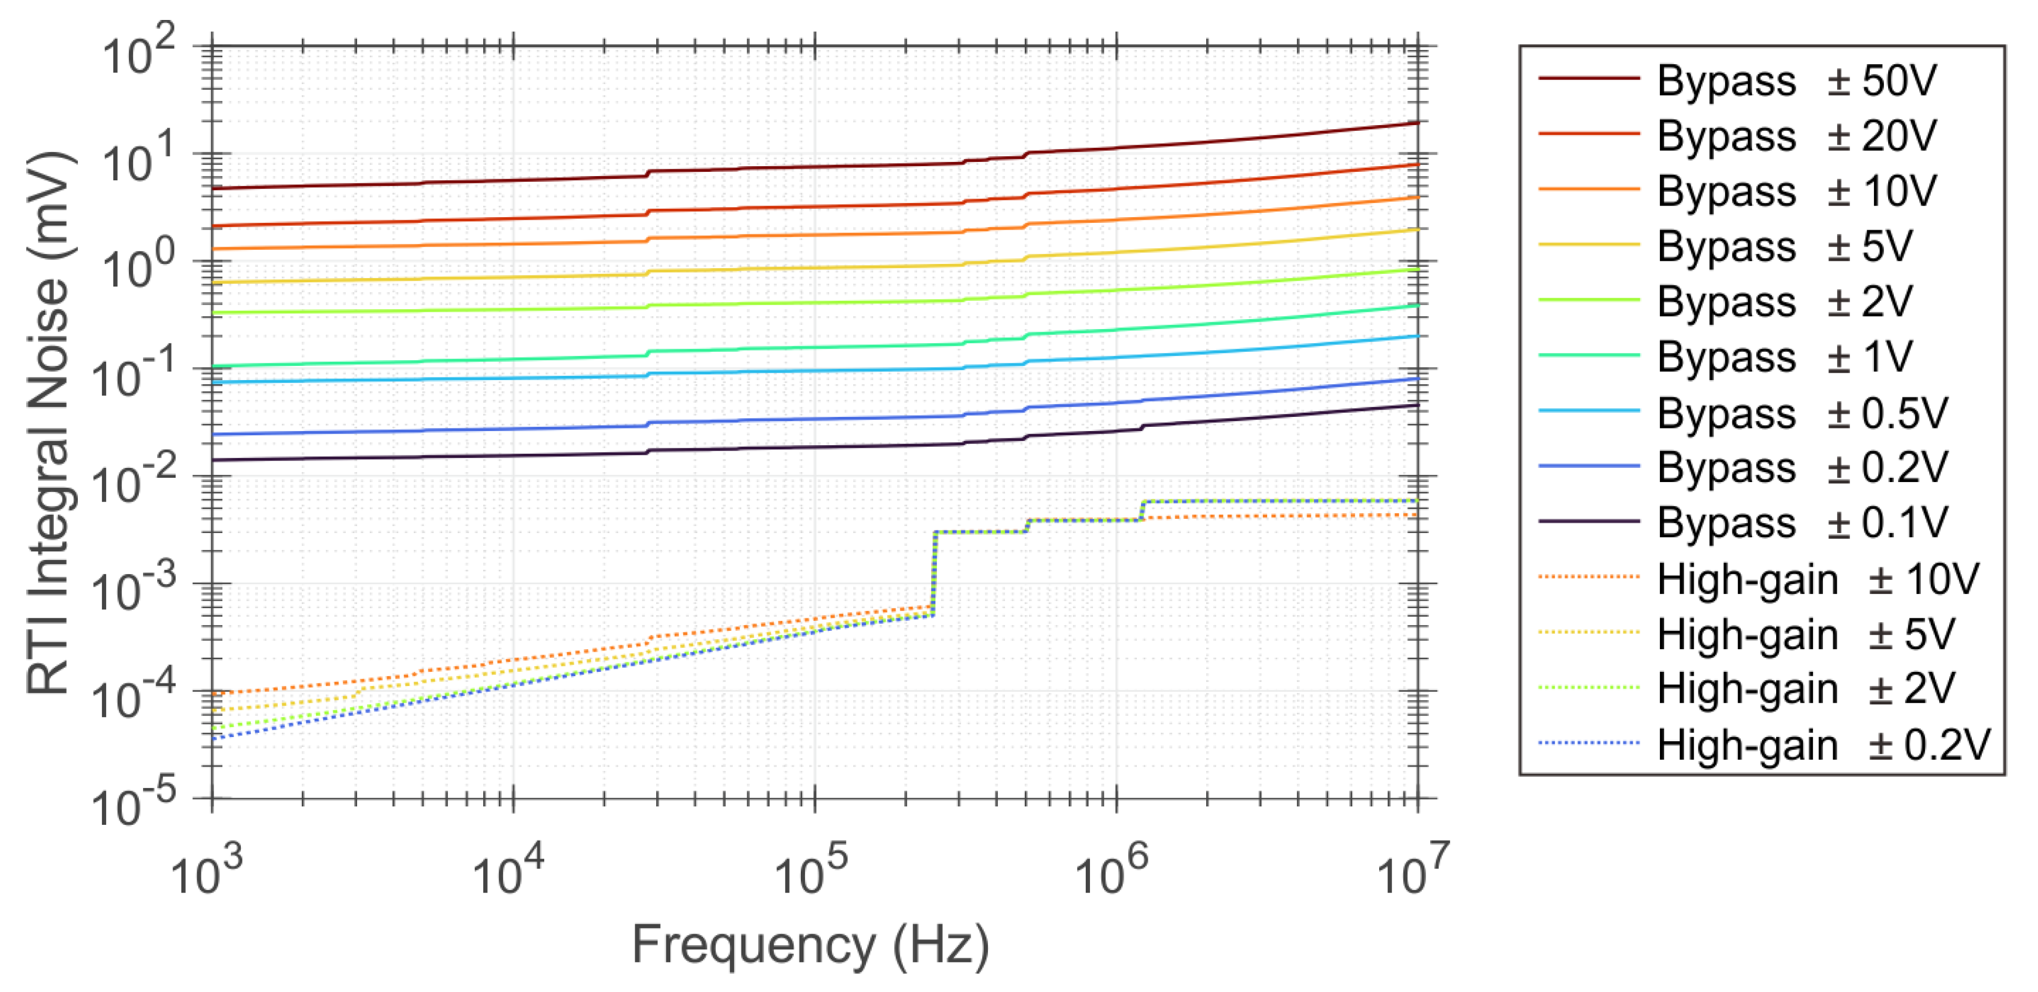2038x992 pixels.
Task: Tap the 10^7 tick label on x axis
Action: click(1413, 870)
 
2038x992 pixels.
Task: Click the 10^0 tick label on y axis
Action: click(138, 268)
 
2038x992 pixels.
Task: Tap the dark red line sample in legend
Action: click(1588, 78)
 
